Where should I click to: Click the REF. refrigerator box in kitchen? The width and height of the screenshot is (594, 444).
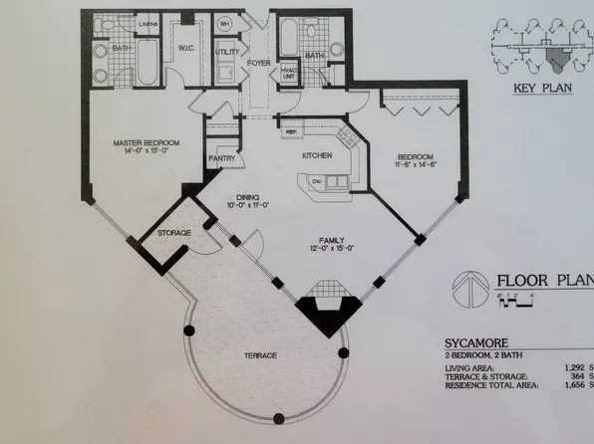293,130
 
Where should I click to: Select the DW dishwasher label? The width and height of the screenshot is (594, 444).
315,180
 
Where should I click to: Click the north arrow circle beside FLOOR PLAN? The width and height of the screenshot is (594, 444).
467,285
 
